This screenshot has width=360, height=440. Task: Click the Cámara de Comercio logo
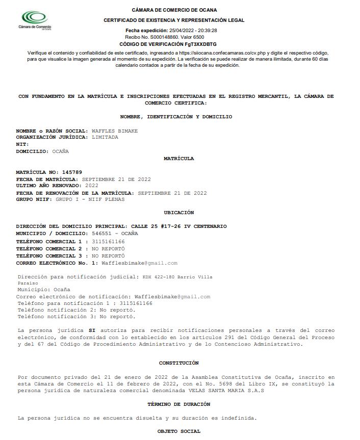pyautogui.click(x=35, y=21)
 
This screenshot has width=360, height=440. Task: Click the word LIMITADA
pyautogui.click(x=105, y=137)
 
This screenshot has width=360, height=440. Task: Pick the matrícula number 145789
pyautogui.click(x=72, y=172)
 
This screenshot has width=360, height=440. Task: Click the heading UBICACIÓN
pyautogui.click(x=178, y=213)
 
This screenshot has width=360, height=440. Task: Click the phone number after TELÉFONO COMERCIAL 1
pyautogui.click(x=108, y=241)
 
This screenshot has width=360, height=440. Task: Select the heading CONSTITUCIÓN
pyautogui.click(x=178, y=363)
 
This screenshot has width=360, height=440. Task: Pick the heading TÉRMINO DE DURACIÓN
pyautogui.click(x=178, y=404)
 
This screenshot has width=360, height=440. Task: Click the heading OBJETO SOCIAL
pyautogui.click(x=178, y=432)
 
